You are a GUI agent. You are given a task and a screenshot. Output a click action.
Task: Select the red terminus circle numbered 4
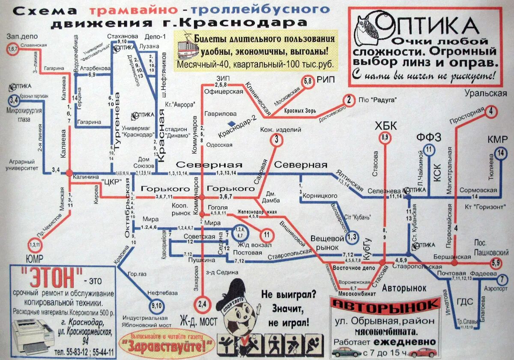pos(491,112)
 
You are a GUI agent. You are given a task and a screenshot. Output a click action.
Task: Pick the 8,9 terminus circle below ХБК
pos(385,137)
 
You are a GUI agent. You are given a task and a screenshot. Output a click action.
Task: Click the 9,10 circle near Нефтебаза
pos(157,306)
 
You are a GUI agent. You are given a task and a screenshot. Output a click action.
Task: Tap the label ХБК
pos(385,126)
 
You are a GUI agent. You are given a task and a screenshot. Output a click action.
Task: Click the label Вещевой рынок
pos(327,243)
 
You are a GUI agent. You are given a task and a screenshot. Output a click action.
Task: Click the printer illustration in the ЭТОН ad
pos(32,335)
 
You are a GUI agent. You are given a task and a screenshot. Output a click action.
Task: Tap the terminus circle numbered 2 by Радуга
pos(350,100)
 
